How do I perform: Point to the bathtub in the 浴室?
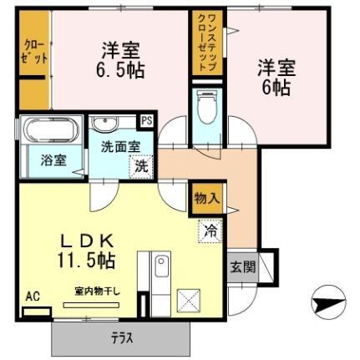[48, 132]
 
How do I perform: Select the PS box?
[146, 119]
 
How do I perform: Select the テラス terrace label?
[122, 337]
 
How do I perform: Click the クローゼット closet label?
[33, 51]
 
